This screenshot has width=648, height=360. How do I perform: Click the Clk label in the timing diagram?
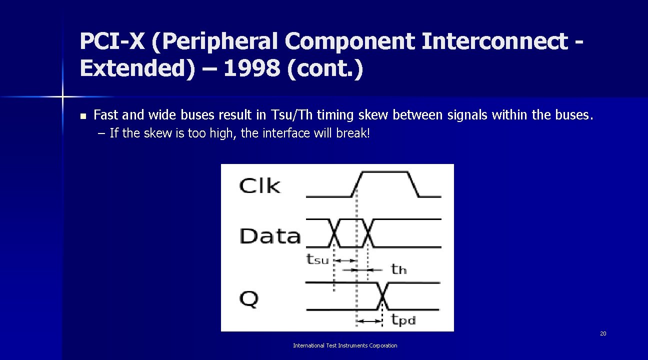260,186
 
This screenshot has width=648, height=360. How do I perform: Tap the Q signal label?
249,298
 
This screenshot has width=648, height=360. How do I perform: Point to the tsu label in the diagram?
317,259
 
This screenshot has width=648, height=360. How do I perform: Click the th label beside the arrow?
398,270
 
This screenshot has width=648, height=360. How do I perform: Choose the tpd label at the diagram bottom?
403,319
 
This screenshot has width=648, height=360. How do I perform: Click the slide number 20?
603,333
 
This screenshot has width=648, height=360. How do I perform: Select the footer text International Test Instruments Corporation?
345,345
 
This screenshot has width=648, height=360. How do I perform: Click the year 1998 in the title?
251,69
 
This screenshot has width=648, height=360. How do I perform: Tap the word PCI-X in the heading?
111,42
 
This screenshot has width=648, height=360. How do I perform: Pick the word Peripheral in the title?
219,42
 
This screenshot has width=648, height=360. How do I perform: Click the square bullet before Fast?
83,116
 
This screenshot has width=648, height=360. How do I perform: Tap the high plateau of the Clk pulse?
385,172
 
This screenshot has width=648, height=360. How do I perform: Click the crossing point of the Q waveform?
382,296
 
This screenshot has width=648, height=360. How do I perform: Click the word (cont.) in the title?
325,69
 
